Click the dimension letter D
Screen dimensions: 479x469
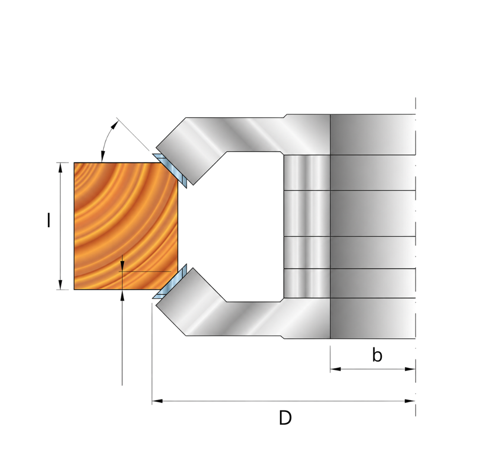pyautogui.click(x=285, y=418)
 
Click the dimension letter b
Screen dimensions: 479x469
pyautogui.click(x=377, y=355)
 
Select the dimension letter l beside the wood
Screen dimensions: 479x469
pyautogui.click(x=48, y=220)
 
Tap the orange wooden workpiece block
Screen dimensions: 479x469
pyautogui.click(x=126, y=226)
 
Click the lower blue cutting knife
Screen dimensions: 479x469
pyautogui.click(x=170, y=282)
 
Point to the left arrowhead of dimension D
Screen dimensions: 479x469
pyautogui.click(x=157, y=401)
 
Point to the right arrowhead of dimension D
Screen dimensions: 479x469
pyautogui.click(x=410, y=401)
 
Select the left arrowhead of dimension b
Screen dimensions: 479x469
pyautogui.click(x=335, y=369)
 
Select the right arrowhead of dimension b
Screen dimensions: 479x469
pyautogui.click(x=410, y=369)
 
